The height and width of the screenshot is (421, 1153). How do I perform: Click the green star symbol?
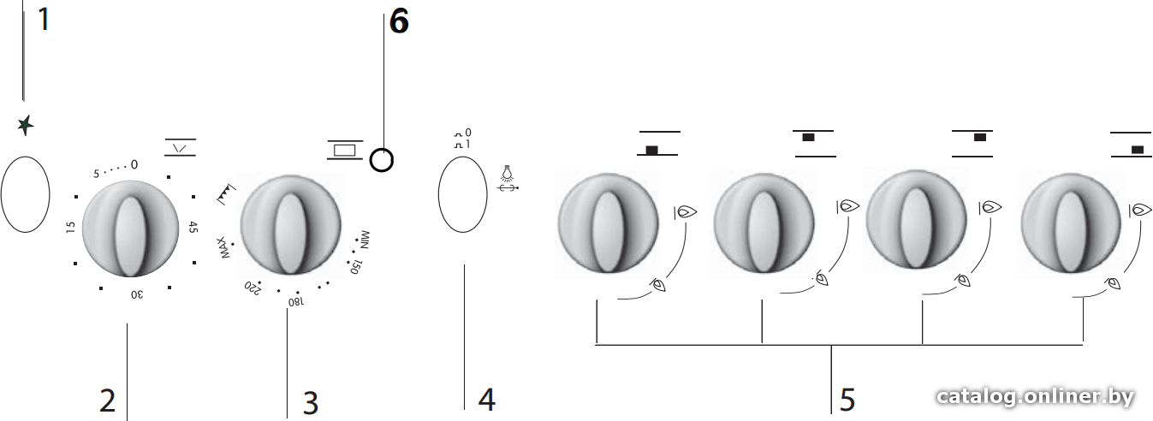[25, 125]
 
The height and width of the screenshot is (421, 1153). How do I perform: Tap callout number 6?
[399, 21]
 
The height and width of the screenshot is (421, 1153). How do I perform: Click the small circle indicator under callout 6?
[382, 160]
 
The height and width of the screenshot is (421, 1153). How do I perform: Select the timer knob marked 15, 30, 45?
[130, 228]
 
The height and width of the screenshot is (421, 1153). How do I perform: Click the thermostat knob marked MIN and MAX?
[290, 225]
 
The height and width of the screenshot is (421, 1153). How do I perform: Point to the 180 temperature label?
[295, 301]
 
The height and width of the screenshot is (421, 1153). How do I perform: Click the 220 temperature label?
[253, 288]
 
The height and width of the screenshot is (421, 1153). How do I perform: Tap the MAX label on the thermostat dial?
[223, 247]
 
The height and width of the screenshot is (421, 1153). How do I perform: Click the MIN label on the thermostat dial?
[364, 240]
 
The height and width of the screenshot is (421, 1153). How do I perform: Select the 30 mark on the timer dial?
[136, 294]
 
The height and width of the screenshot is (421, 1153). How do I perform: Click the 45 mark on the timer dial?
[193, 227]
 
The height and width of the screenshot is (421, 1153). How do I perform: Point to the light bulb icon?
[508, 174]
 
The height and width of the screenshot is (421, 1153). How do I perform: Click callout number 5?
[847, 400]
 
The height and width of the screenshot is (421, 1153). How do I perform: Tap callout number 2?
[107, 400]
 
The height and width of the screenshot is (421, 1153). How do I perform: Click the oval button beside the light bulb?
[463, 194]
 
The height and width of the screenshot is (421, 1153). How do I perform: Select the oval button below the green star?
[25, 194]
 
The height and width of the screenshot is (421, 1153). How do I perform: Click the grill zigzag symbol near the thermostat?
[225, 193]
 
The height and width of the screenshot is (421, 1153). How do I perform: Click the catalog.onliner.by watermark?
[1036, 397]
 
